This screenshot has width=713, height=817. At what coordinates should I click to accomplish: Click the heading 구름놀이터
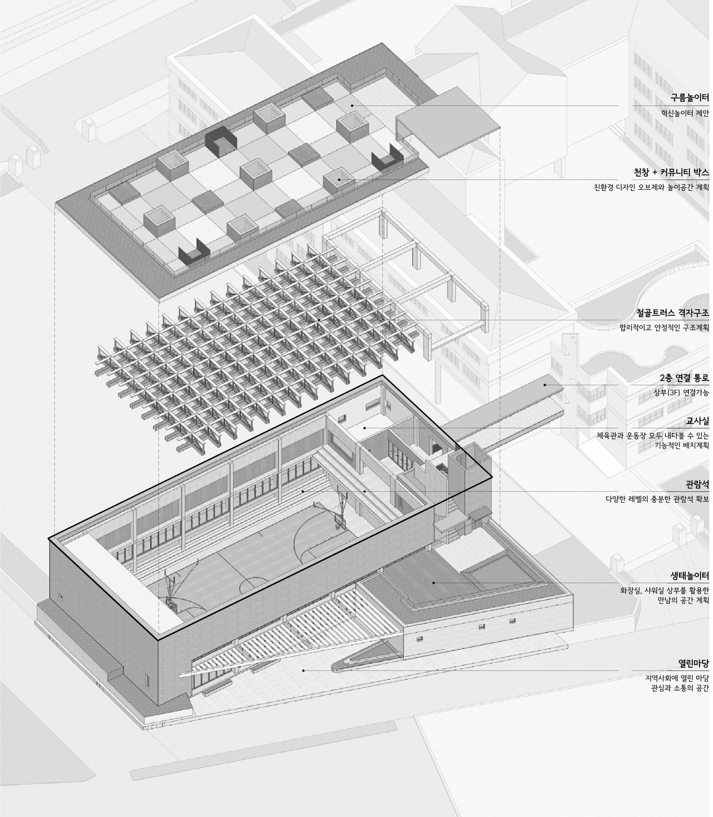689,97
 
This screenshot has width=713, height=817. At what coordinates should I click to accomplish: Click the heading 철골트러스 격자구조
672,312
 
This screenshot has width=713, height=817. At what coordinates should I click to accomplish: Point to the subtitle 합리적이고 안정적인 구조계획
665,328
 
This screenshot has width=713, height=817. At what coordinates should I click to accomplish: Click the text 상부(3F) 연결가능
681,393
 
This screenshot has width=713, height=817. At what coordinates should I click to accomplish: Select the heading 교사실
697,421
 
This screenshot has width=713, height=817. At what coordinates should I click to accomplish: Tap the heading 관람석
697,485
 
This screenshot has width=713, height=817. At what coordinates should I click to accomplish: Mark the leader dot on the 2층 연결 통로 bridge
544,385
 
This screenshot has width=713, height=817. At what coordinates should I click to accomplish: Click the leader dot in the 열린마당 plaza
304,671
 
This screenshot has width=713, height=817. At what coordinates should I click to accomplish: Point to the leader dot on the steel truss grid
319,320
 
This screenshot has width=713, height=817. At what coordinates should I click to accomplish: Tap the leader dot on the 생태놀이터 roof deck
434,583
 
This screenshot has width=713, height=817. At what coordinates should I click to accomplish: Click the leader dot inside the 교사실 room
365,428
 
